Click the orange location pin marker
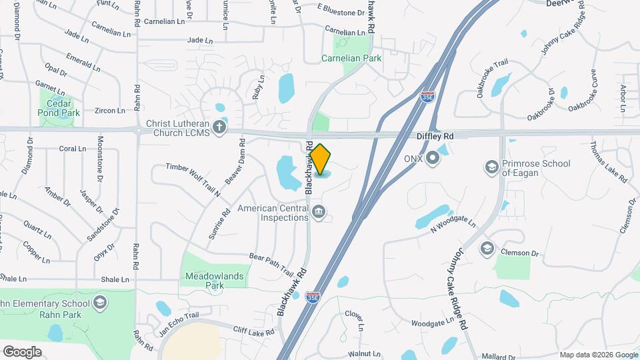(x=321, y=159)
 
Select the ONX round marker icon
(x=433, y=159)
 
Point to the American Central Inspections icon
(x=319, y=213)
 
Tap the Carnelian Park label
(x=351, y=58)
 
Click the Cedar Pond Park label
(x=59, y=108)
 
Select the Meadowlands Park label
(x=215, y=280)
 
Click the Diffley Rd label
(x=435, y=136)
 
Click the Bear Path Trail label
(x=271, y=264)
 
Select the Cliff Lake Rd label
(x=253, y=331)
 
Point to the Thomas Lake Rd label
(x=608, y=162)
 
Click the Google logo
(x=22, y=351)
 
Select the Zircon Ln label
(x=109, y=111)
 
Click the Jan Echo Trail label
(x=179, y=320)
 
